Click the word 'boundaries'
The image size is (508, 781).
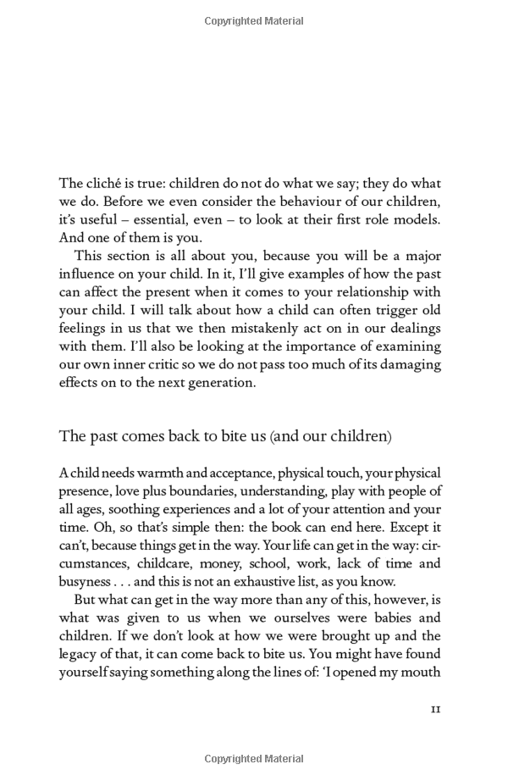[223, 490]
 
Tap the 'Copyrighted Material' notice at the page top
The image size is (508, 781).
[254, 18]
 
